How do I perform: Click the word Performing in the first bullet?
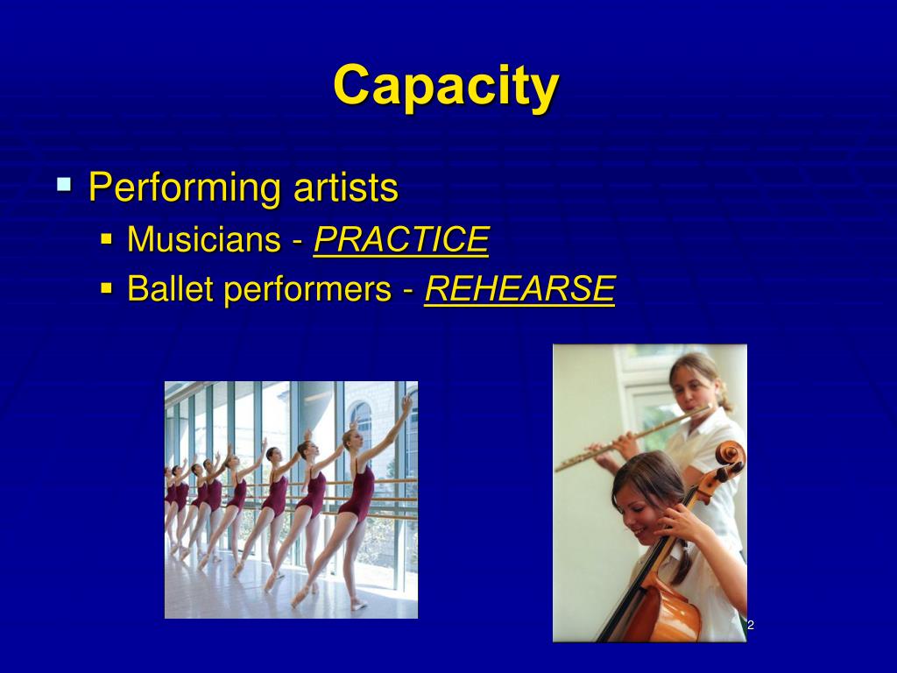181,188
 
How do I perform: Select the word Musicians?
203,239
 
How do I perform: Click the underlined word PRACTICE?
400,239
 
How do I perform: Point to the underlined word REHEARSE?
519,288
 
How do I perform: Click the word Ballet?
168,288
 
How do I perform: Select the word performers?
306,290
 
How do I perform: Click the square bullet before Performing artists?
63,185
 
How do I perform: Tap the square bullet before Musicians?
107,237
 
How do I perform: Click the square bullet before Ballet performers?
107,287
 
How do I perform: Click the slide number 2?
751,625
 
